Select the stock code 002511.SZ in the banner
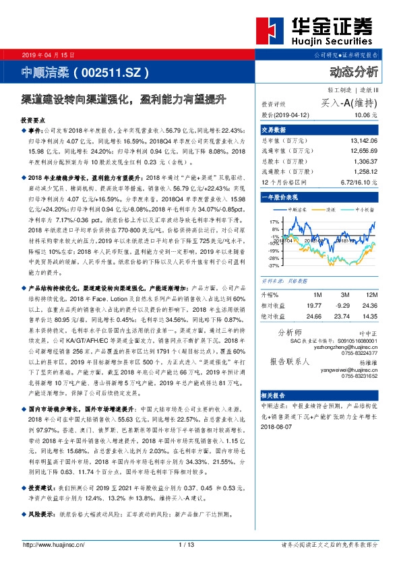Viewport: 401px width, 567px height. tap(111, 71)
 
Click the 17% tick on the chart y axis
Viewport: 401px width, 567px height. tap(274, 221)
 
